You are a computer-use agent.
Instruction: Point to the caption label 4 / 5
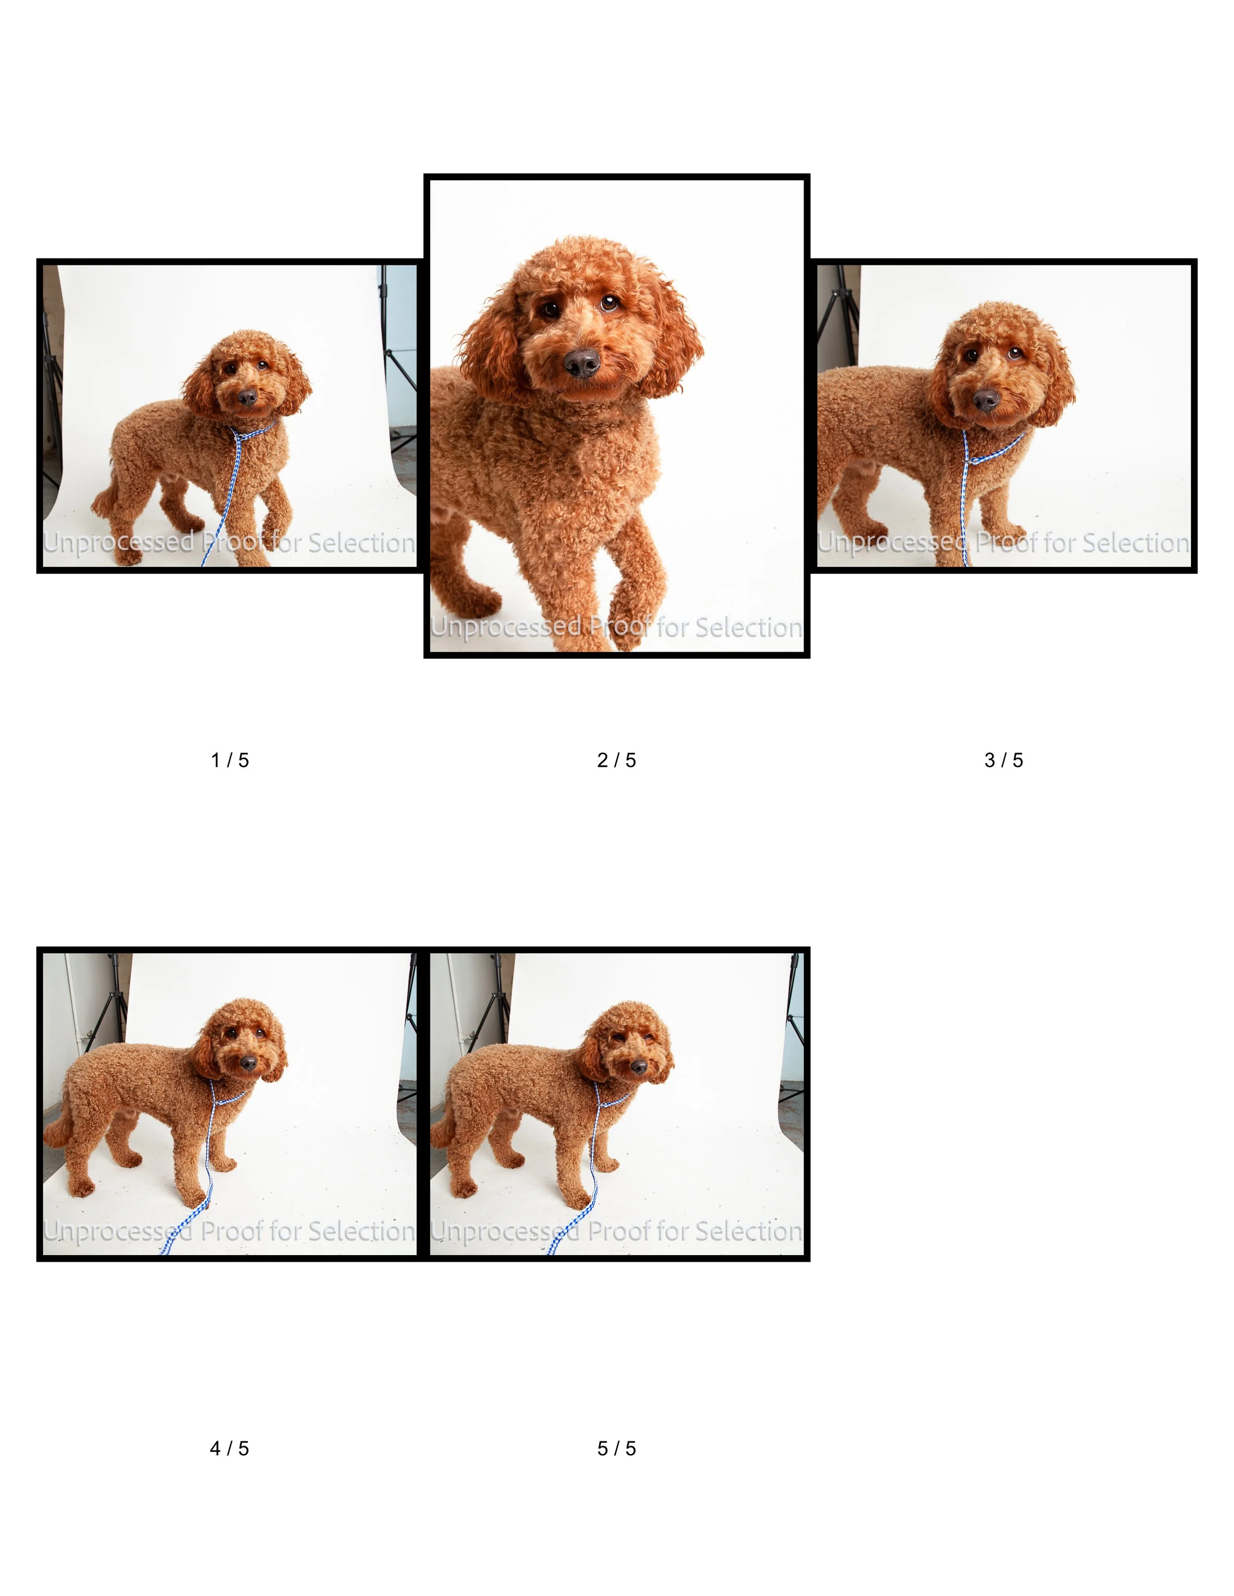(230, 1448)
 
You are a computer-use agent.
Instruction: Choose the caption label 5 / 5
(617, 1448)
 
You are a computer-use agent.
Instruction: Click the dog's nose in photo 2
(582, 363)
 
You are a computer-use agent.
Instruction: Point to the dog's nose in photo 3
(985, 400)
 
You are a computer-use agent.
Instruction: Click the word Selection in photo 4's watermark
(361, 1231)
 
